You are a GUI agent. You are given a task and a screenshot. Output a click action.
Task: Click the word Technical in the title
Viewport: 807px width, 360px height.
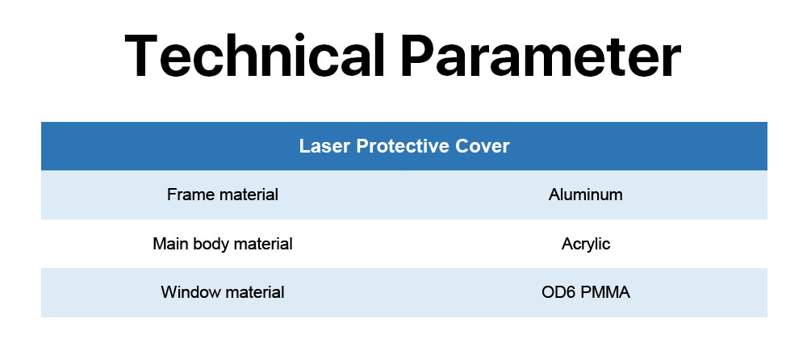tap(254, 55)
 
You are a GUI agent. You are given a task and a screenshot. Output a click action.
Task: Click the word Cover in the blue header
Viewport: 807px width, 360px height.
tap(483, 146)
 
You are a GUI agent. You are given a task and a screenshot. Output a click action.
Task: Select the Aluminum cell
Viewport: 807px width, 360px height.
tap(586, 195)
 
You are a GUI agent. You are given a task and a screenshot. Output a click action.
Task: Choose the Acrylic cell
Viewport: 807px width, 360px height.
tap(586, 244)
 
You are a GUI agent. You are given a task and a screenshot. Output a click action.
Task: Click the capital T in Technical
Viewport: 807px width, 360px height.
tap(143, 55)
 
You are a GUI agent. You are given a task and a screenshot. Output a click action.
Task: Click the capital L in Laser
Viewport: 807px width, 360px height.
tap(305, 146)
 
